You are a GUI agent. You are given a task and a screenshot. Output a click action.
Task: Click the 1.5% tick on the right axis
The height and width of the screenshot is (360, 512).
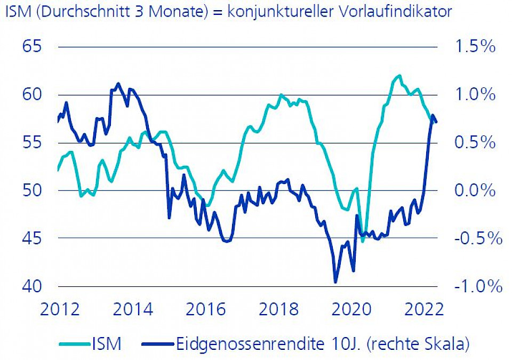475,47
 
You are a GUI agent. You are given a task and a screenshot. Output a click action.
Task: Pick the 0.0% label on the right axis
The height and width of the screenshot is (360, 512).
475,190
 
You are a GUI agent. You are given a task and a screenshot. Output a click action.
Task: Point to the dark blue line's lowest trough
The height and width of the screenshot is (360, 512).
335,282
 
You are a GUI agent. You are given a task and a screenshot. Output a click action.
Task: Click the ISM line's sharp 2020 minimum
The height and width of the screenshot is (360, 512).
363,242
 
